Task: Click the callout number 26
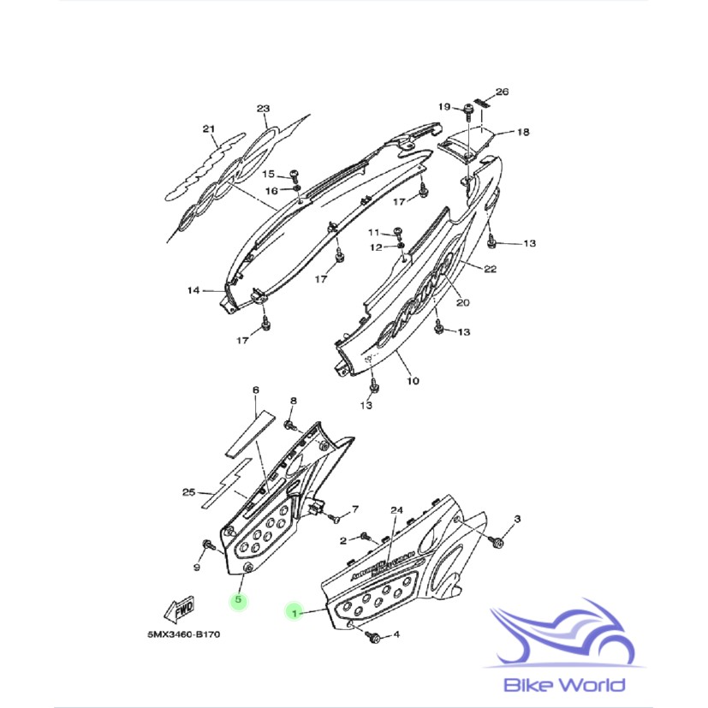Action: [x=502, y=92]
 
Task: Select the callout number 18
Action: [x=522, y=133]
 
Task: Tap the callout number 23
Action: [x=263, y=109]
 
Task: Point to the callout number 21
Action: [x=207, y=129]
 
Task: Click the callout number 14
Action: [x=194, y=291]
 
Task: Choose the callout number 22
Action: [x=490, y=269]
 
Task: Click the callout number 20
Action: [x=462, y=302]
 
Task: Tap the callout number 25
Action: [x=189, y=492]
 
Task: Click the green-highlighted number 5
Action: [x=239, y=601]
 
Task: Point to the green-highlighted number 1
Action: [x=294, y=612]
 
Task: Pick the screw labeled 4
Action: [x=373, y=636]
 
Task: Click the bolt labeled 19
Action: [x=470, y=110]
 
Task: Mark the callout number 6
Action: [x=255, y=391]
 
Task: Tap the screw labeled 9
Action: [x=207, y=544]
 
